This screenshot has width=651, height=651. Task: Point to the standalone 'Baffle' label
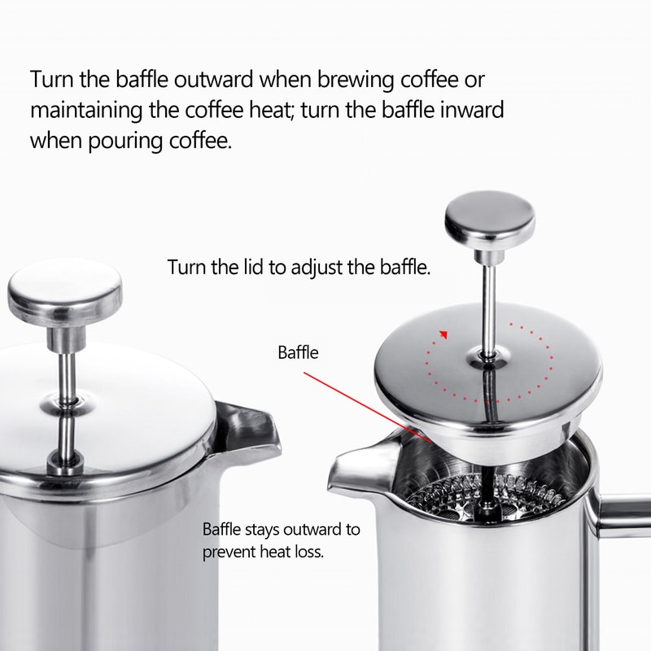point(298,353)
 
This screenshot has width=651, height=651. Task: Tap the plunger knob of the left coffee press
point(64,291)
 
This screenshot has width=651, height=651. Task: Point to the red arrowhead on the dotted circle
point(443,332)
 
